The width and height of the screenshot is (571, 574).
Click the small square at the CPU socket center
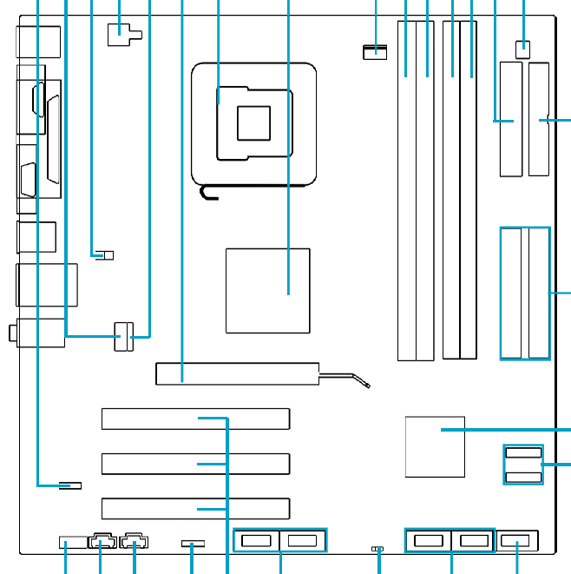pyautogui.click(x=255, y=121)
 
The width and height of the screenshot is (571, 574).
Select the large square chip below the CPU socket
pyautogui.click(x=267, y=290)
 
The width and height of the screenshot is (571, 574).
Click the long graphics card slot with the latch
pyautogui.click(x=236, y=374)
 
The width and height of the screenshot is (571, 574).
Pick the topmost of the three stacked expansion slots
pyautogui.click(x=195, y=419)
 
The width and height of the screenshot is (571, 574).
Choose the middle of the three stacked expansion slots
pyautogui.click(x=195, y=464)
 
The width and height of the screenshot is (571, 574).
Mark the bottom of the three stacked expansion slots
pyautogui.click(x=195, y=508)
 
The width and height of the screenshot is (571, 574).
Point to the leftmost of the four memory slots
pyautogui.click(x=405, y=191)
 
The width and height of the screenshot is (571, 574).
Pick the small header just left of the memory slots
pyautogui.click(x=375, y=52)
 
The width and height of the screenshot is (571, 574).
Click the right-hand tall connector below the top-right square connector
pyautogui.click(x=539, y=119)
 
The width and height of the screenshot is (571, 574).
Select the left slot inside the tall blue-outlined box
pyautogui.click(x=512, y=293)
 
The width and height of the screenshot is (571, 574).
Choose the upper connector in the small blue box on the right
pyautogui.click(x=522, y=453)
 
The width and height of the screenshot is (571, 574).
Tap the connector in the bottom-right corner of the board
pyautogui.click(x=518, y=542)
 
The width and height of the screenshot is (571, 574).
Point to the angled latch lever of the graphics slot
pyautogui.click(x=347, y=379)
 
